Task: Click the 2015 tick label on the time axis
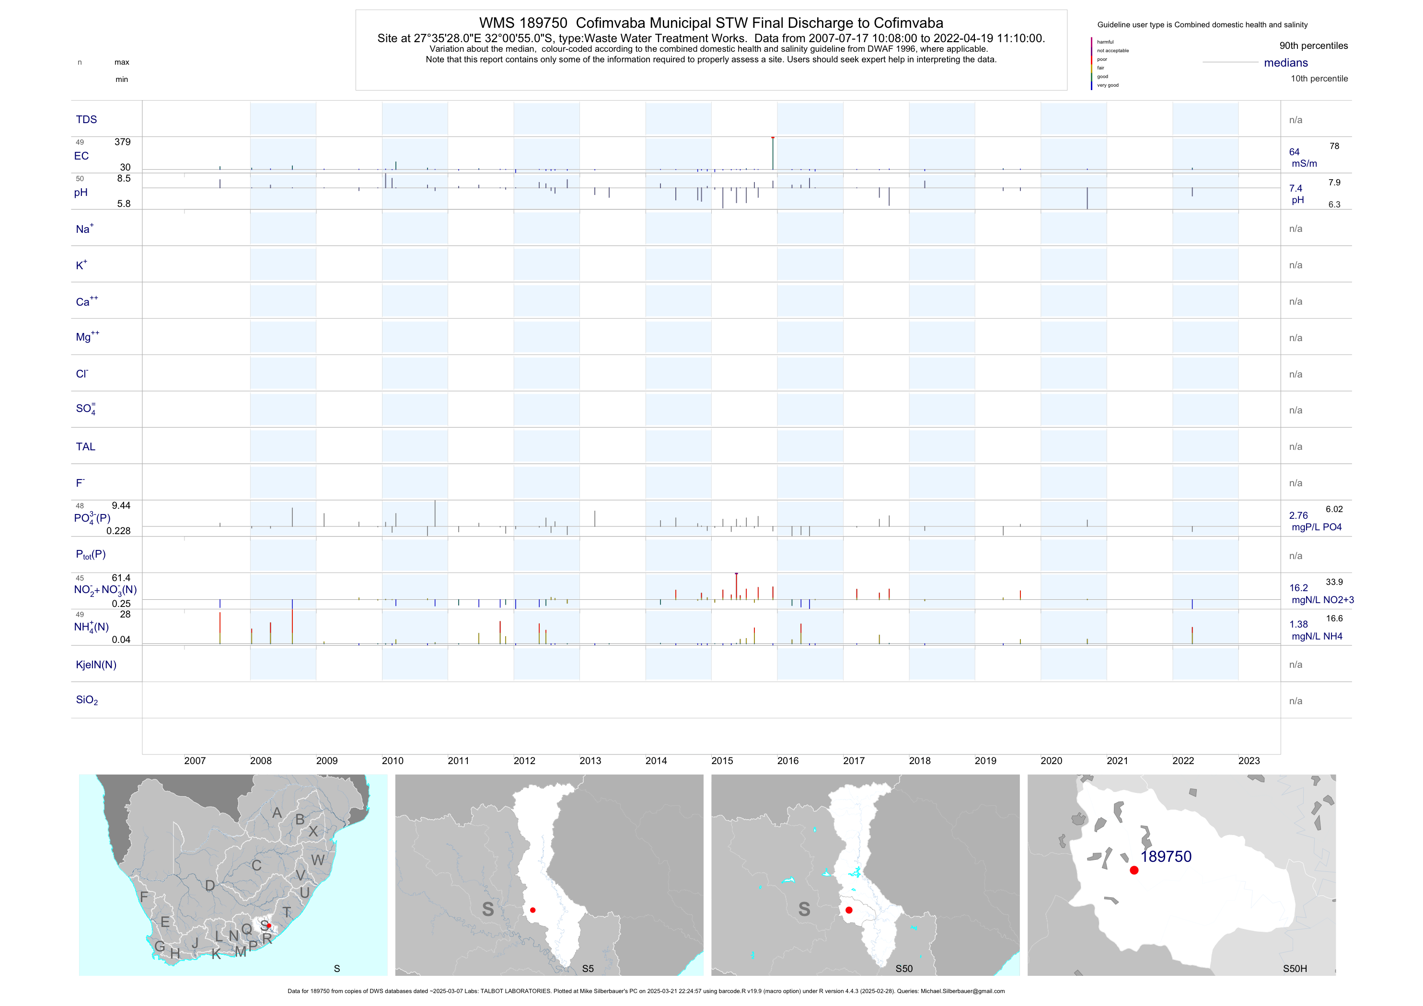coord(722,761)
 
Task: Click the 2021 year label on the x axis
coord(1117,761)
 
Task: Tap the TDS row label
coord(86,120)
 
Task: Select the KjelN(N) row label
coord(96,665)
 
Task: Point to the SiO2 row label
coord(87,700)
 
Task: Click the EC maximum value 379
coord(122,142)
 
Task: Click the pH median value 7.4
coord(1296,188)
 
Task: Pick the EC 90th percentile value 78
coord(1334,146)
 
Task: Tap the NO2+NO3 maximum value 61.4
coord(121,578)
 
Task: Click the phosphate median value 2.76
coord(1298,515)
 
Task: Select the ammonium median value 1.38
coord(1298,624)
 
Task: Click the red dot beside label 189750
coord(1134,870)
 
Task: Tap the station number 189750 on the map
coord(1166,857)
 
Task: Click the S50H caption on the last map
coord(1295,969)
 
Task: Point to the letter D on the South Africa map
coord(210,886)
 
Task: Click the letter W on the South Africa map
coord(318,860)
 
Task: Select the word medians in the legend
coord(1286,63)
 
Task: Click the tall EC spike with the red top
coord(773,152)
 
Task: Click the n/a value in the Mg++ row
coord(1296,338)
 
